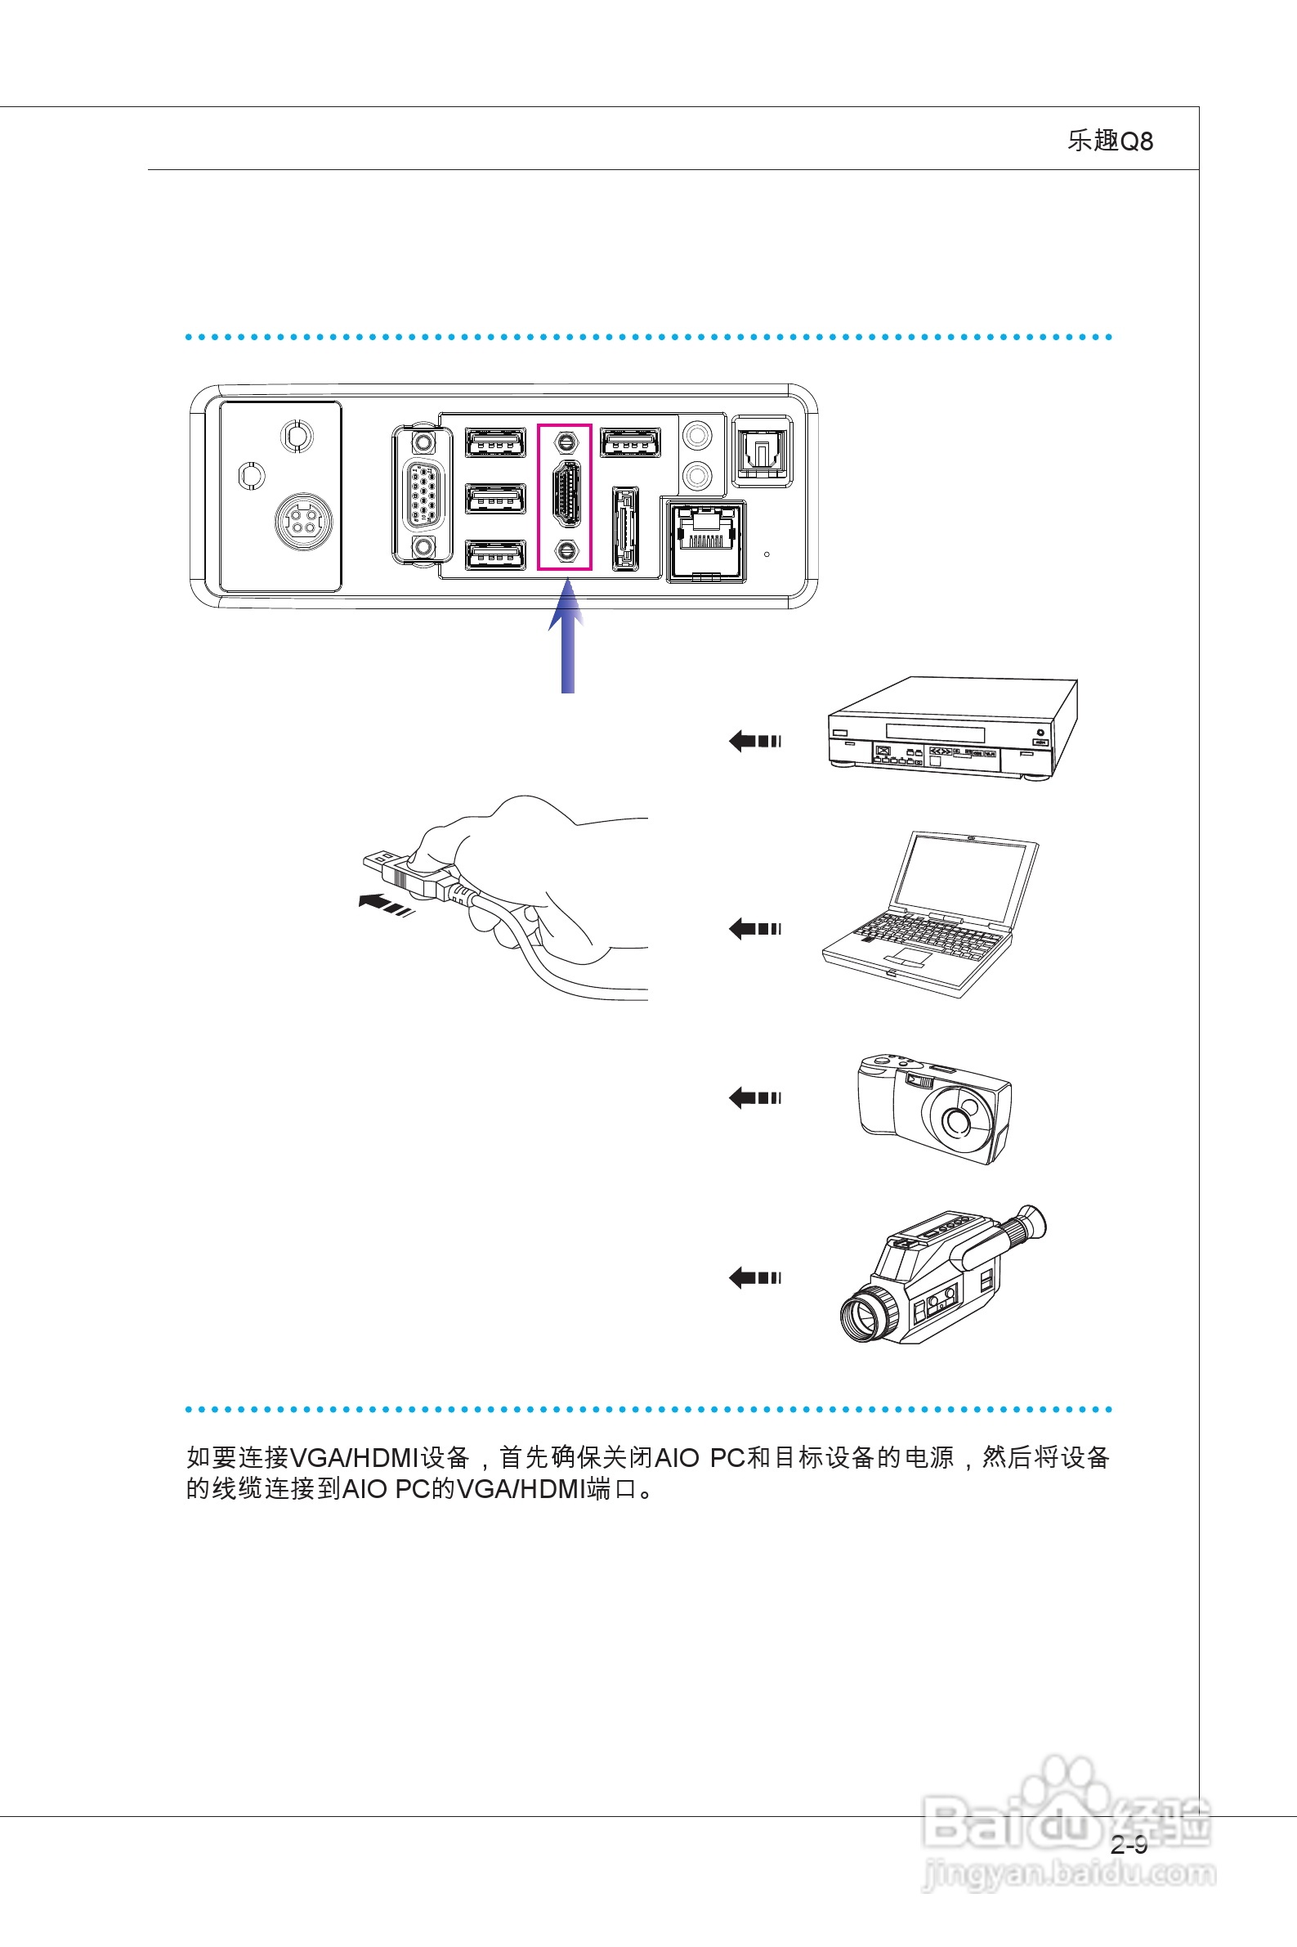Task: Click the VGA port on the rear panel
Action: coord(423,495)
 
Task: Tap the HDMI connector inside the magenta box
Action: coord(566,495)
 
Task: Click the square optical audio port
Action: coord(762,451)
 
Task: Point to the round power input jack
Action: coord(303,521)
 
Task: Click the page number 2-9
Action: coord(1129,1845)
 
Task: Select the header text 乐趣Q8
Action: coord(1109,141)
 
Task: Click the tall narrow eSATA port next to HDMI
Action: coord(625,529)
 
